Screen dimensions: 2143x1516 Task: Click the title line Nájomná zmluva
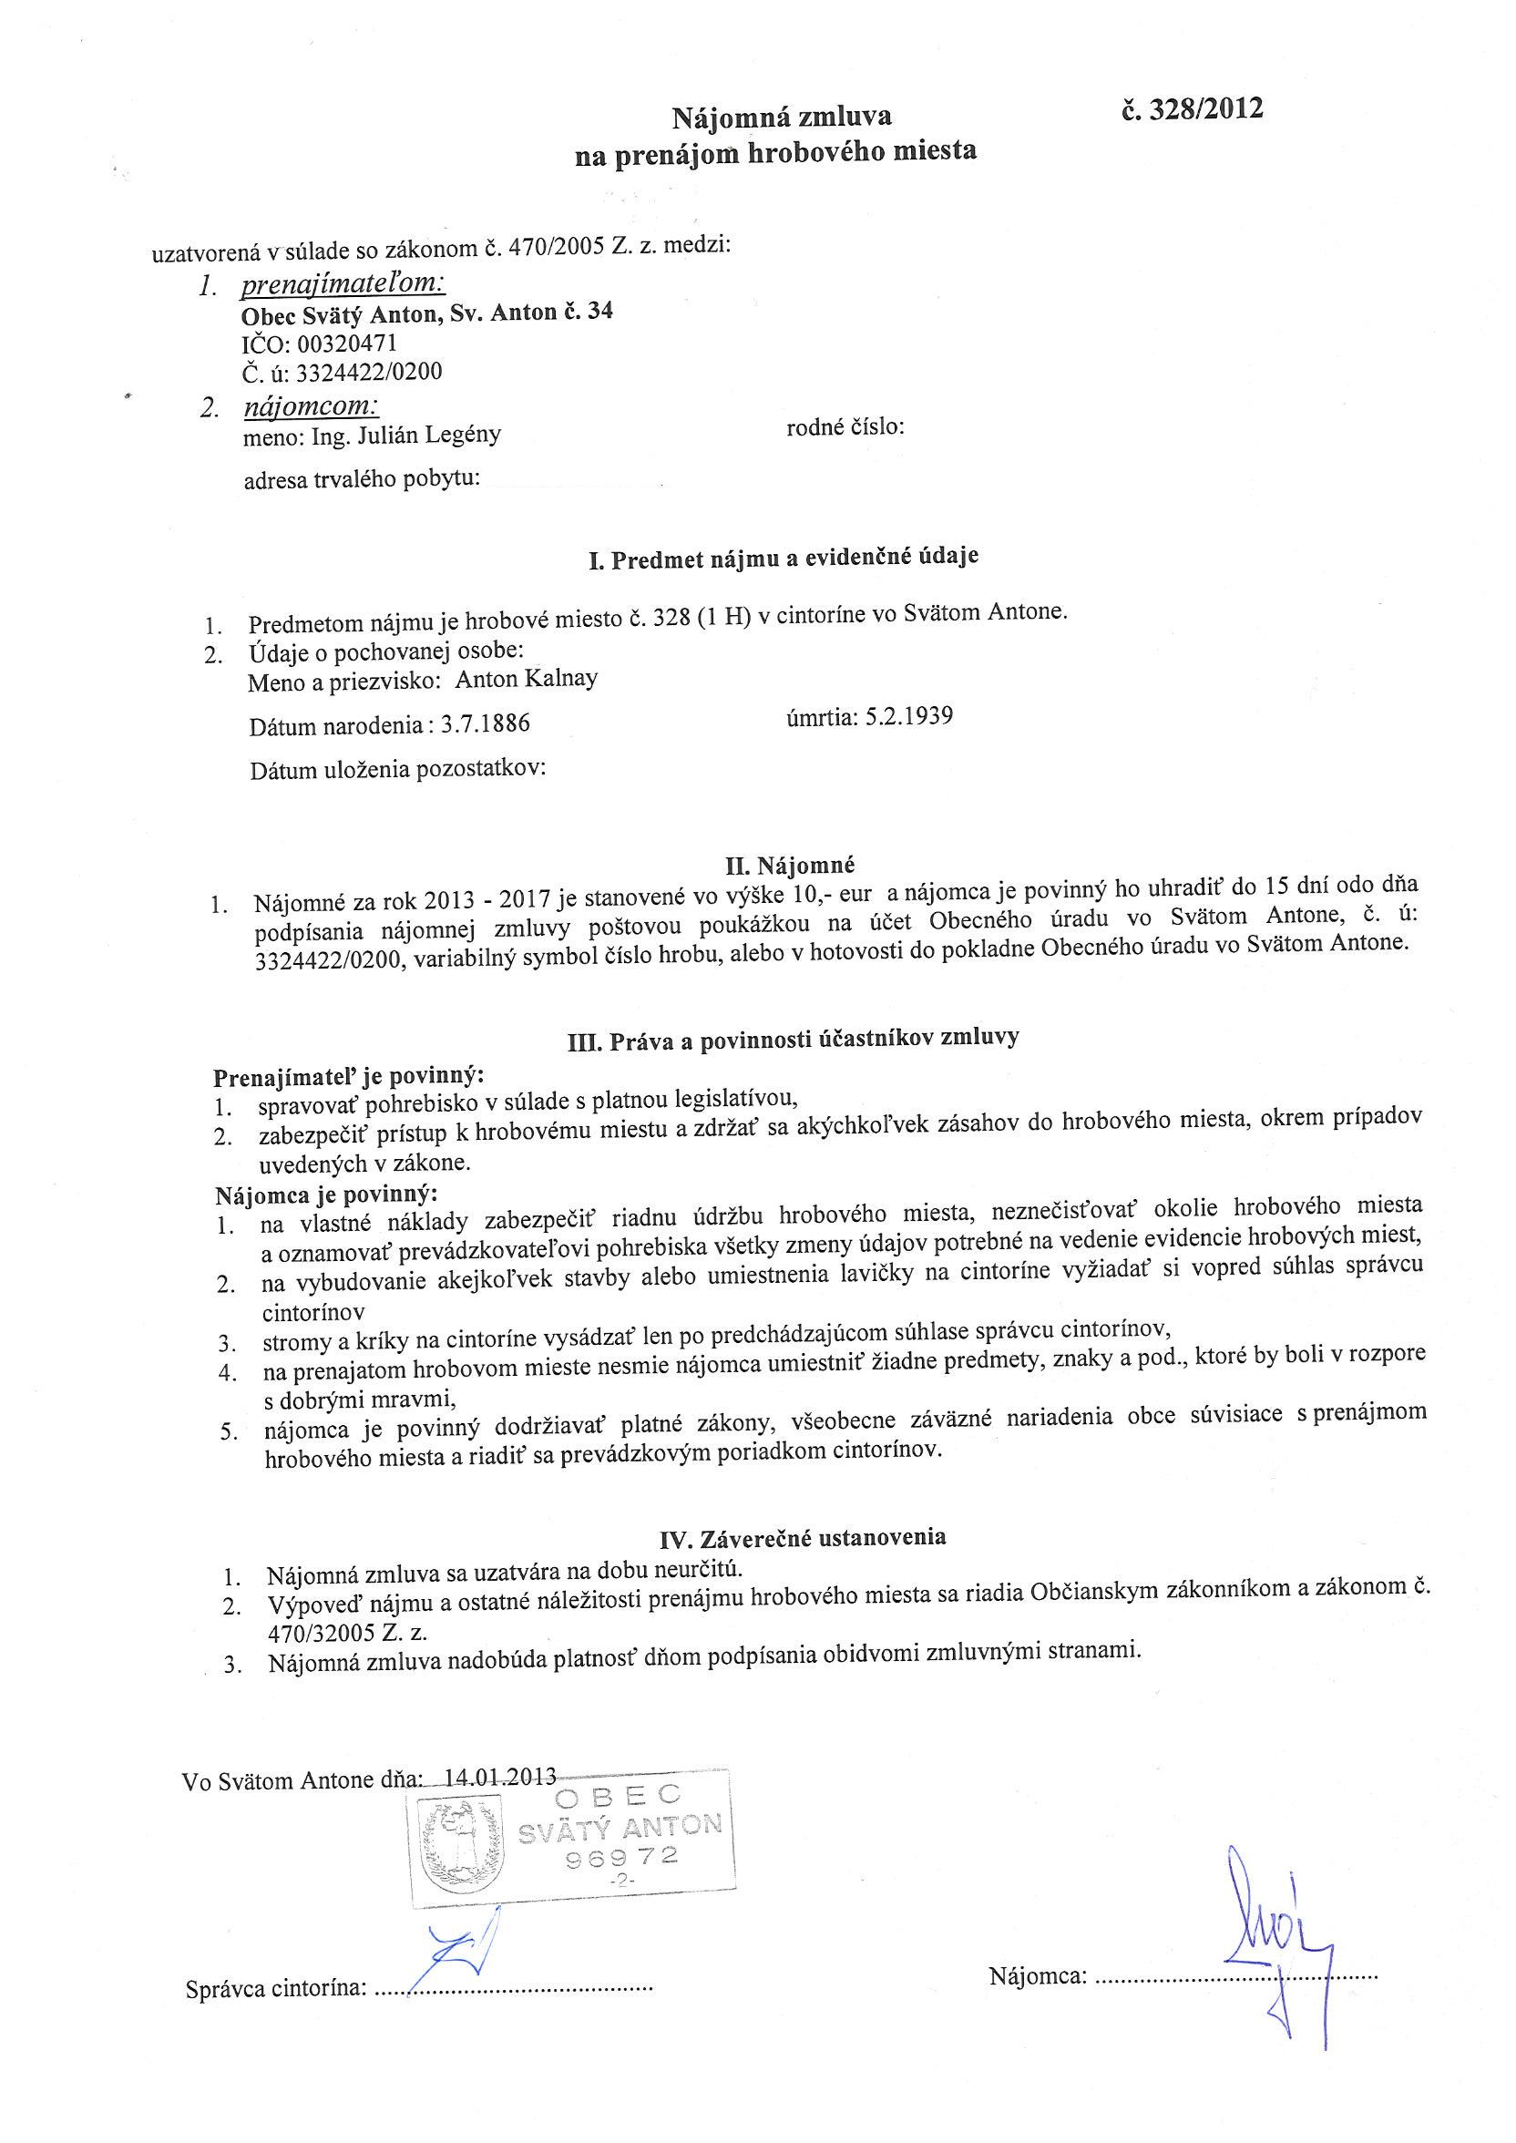click(x=783, y=117)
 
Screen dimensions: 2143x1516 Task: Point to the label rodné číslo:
click(x=845, y=427)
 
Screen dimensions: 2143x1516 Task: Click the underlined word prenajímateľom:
click(x=343, y=282)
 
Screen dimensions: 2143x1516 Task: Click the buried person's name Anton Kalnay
click(x=527, y=679)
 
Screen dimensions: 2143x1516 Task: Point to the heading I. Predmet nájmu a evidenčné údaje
click(x=784, y=559)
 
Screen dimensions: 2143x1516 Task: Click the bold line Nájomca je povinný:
click(x=326, y=1194)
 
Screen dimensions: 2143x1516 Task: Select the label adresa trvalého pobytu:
click(x=362, y=480)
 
